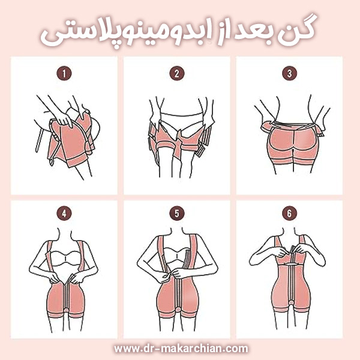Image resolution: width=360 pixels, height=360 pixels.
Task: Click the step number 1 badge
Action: pyautogui.click(x=64, y=73)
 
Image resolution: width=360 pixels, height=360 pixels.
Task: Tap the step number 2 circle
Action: pyautogui.click(x=177, y=73)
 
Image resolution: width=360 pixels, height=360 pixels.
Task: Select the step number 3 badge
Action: pyautogui.click(x=290, y=73)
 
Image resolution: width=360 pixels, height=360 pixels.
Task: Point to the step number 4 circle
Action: pyautogui.click(x=64, y=213)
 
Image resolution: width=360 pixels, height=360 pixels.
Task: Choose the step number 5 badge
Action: pyautogui.click(x=177, y=213)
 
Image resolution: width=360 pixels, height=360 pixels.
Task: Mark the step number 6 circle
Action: pyautogui.click(x=290, y=213)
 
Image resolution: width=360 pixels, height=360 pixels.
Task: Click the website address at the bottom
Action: pyautogui.click(x=181, y=349)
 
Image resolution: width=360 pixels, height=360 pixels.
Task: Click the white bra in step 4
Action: pyautogui.click(x=66, y=259)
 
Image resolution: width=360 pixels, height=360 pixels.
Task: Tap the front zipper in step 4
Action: pyautogui.click(x=67, y=296)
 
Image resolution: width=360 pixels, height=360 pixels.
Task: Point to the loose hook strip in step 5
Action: pyautogui.click(x=188, y=259)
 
